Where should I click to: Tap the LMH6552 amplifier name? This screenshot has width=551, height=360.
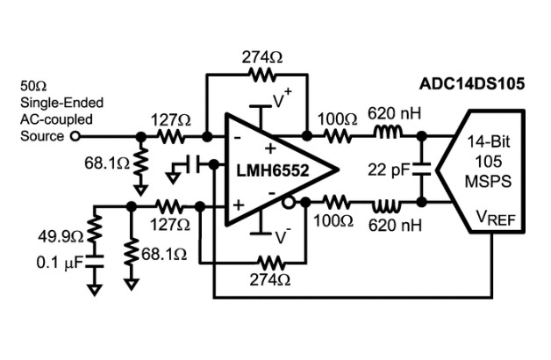pyautogui.click(x=271, y=169)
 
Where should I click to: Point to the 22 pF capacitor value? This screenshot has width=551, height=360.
pyautogui.click(x=388, y=169)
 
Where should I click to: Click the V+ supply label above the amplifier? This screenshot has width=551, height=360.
pyautogui.click(x=283, y=100)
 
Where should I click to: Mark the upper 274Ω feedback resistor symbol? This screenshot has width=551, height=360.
pyautogui.click(x=261, y=75)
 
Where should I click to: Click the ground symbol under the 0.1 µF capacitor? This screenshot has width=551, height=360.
pyautogui.click(x=95, y=285)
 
